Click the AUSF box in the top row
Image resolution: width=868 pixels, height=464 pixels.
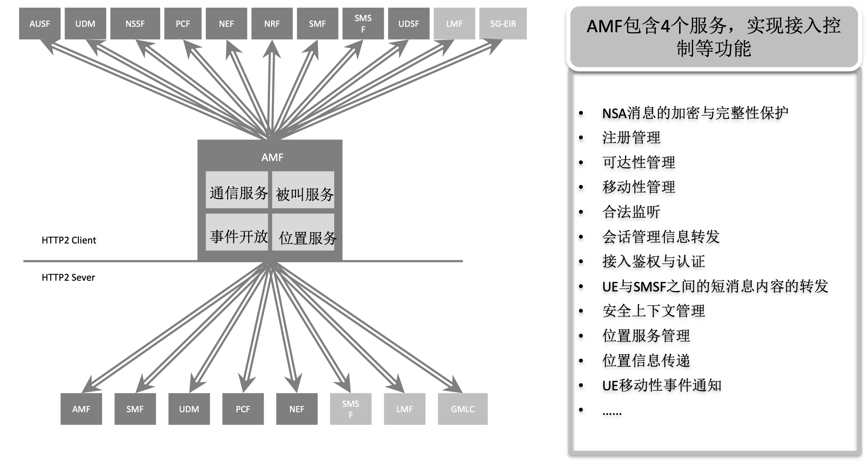click(x=40, y=23)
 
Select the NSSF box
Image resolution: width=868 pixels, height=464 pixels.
click(x=135, y=23)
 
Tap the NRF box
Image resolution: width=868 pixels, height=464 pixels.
click(x=272, y=23)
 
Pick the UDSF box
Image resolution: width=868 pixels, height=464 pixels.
click(x=409, y=23)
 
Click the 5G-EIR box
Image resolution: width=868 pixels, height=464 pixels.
click(x=503, y=23)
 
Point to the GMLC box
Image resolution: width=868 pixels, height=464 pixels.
click(x=462, y=409)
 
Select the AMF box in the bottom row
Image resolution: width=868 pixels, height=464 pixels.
click(x=81, y=409)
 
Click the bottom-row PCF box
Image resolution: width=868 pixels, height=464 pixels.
click(x=243, y=409)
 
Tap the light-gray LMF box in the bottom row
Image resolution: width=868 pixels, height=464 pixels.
click(x=404, y=409)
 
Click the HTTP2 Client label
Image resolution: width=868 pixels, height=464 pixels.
click(x=69, y=240)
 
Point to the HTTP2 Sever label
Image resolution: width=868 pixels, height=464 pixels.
click(x=68, y=278)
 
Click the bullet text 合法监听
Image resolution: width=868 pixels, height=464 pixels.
click(x=631, y=212)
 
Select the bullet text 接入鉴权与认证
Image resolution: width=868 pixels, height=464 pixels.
click(x=653, y=262)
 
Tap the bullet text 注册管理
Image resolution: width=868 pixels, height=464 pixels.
click(x=631, y=138)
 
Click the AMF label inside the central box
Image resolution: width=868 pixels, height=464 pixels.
click(x=272, y=157)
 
